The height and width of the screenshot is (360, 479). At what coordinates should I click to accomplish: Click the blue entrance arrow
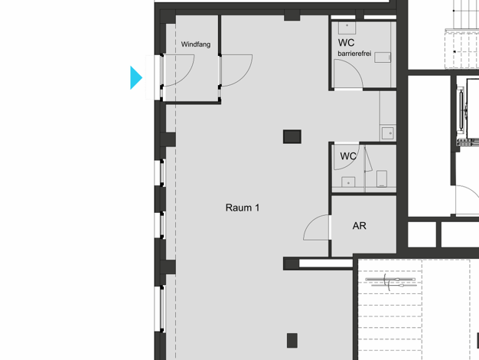click(135, 77)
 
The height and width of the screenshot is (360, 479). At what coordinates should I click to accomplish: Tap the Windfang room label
click(196, 44)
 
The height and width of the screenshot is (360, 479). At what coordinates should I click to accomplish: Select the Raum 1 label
click(243, 208)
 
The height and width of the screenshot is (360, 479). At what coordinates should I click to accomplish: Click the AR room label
click(360, 226)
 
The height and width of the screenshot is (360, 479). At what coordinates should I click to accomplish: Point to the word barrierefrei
click(354, 54)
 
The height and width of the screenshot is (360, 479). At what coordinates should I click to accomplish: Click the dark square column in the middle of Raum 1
click(292, 136)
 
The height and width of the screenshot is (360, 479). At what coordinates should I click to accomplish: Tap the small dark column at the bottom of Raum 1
click(292, 340)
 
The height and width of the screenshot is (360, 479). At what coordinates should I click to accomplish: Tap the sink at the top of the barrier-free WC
click(347, 28)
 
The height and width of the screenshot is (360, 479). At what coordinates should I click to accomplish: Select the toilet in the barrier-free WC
click(383, 57)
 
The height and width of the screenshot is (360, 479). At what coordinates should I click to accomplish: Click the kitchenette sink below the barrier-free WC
click(388, 133)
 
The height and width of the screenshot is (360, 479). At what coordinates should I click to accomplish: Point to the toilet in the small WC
click(382, 178)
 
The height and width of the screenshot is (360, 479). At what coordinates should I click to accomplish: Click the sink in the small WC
click(348, 182)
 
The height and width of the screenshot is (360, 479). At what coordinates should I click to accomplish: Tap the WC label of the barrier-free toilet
click(346, 43)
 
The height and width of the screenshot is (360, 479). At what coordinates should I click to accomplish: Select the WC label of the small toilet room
click(348, 156)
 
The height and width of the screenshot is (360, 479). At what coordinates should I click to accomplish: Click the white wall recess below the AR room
click(326, 263)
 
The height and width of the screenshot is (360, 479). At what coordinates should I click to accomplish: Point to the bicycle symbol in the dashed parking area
click(390, 282)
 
